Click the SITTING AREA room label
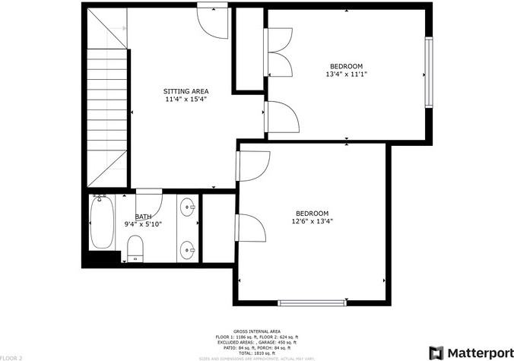point(186,91)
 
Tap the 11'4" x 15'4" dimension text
point(186,100)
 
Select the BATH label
point(143,217)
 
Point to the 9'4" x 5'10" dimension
point(143,225)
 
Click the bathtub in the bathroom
point(102,224)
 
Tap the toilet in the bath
point(135,247)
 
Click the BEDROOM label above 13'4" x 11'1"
point(346,66)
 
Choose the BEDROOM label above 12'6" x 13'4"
point(312,214)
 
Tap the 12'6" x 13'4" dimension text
point(312,222)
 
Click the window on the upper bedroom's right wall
point(429,74)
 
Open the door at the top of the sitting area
point(211,17)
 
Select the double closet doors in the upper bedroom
point(278,53)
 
